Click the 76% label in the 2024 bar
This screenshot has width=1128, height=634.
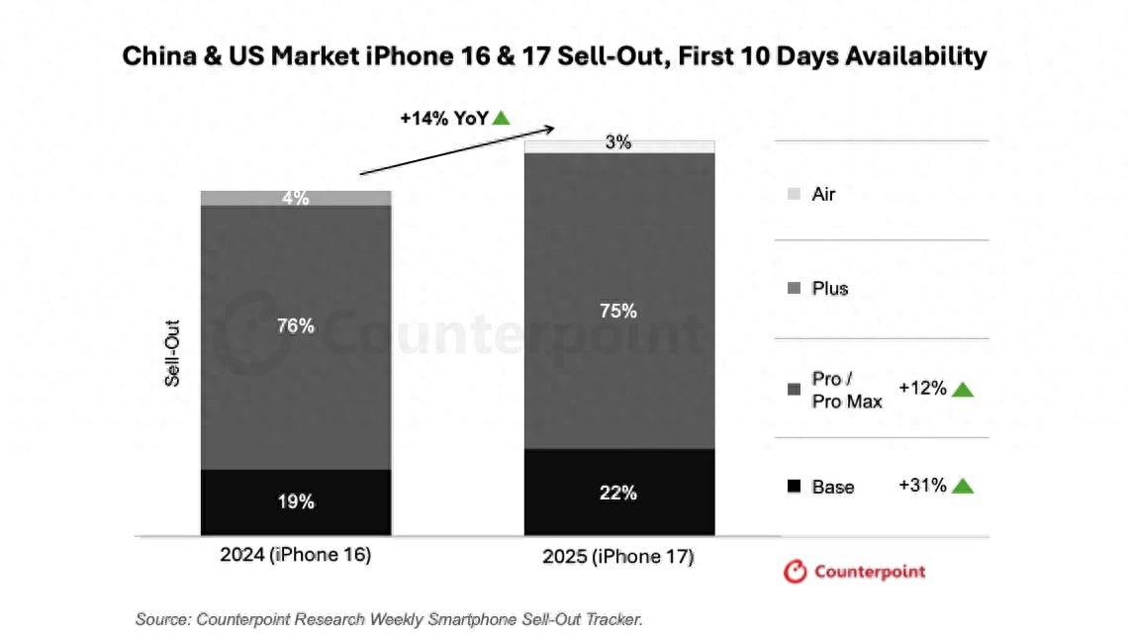296,325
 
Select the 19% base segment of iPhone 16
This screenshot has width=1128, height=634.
296,501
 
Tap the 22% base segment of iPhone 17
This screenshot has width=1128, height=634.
618,492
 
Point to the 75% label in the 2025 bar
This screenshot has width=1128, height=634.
618,311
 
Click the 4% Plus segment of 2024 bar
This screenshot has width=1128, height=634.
296,198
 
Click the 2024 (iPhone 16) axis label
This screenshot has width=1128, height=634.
296,555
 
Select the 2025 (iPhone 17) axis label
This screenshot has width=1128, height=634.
618,557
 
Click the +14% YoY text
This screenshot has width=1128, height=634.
443,118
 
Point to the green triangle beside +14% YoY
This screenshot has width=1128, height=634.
502,118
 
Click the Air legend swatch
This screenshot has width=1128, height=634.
794,195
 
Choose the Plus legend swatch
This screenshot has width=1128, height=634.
794,289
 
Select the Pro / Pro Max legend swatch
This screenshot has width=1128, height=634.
794,389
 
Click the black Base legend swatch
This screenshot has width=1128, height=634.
794,487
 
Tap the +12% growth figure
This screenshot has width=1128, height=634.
922,388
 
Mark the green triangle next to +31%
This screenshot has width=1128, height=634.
963,487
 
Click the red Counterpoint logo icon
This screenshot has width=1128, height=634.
795,572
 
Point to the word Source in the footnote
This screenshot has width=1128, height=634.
161,619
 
